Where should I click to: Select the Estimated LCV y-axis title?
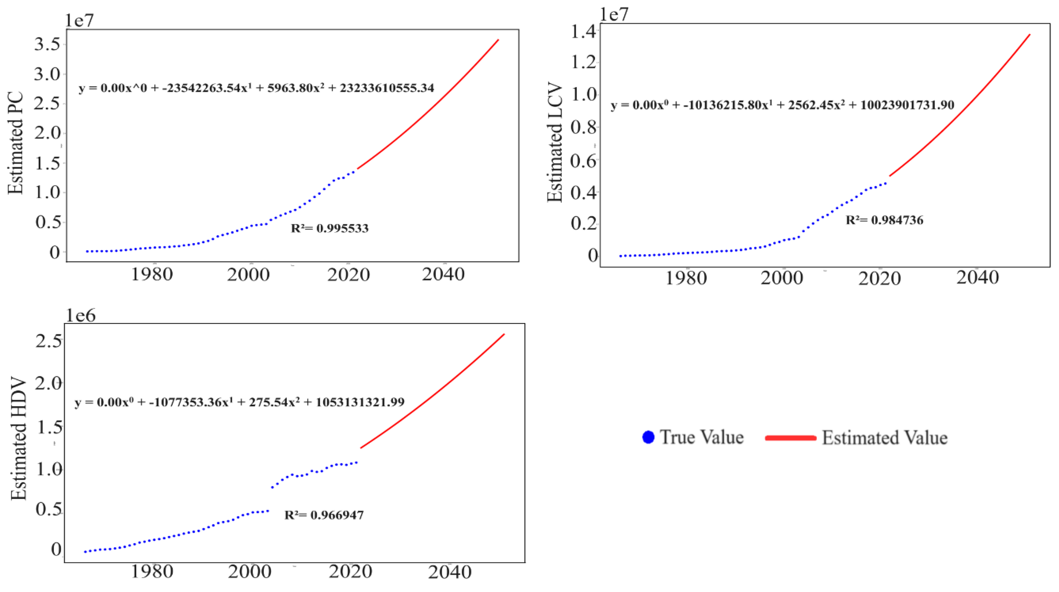coord(555,143)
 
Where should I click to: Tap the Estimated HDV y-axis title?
coord(19,439)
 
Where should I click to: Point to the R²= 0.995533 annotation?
coord(330,228)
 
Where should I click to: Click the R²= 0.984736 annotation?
coord(884,220)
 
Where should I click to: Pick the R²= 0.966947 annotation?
coord(324,515)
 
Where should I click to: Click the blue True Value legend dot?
coord(648,437)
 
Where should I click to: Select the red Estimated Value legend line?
coord(790,438)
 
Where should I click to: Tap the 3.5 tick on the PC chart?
coord(48,44)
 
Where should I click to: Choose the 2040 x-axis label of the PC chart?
coord(443,274)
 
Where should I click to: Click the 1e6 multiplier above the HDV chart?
coord(81,316)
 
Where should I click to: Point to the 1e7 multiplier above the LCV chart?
coord(614,15)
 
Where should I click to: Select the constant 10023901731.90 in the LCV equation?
coord(907,105)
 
